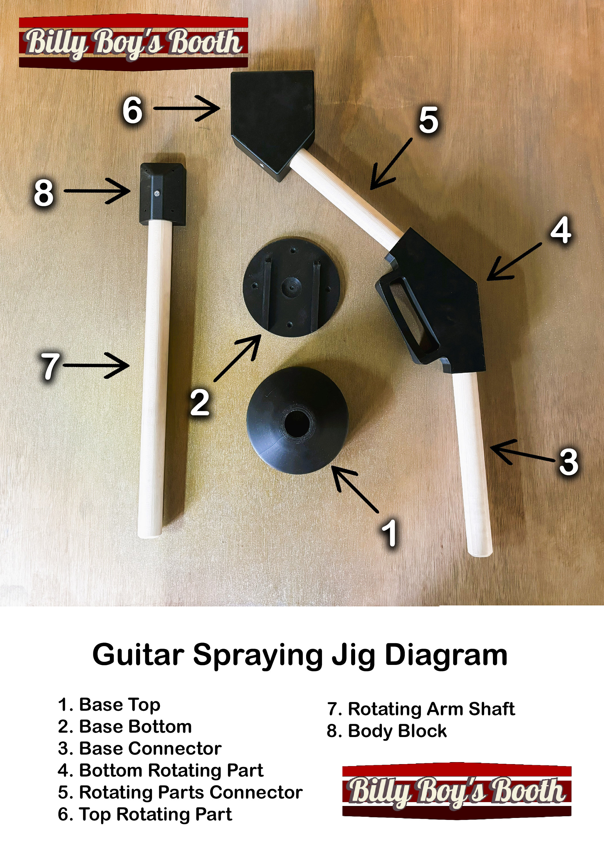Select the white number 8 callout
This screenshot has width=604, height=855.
click(44, 193)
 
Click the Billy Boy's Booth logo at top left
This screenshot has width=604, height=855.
click(133, 42)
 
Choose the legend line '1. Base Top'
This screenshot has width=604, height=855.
click(109, 705)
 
